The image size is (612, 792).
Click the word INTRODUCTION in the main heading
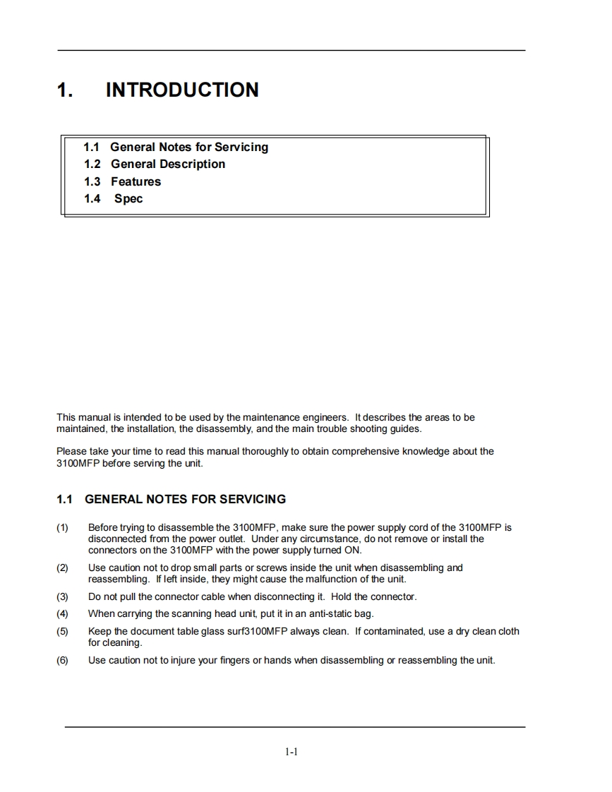coord(182,90)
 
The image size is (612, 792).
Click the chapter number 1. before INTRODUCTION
coord(65,90)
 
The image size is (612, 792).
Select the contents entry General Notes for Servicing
coord(189,147)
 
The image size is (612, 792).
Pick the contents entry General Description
coord(168,164)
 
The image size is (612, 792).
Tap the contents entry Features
coord(136,181)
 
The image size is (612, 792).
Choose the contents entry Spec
coord(128,198)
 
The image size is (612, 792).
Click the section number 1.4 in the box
coord(92,198)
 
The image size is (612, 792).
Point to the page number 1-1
coord(292,752)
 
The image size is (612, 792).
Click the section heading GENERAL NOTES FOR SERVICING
coord(185,499)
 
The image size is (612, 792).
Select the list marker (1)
coord(63,527)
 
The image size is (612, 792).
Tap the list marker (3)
coord(63,596)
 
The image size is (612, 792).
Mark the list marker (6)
coord(63,661)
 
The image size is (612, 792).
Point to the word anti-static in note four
coord(326,613)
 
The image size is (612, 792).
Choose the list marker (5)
coord(63,631)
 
